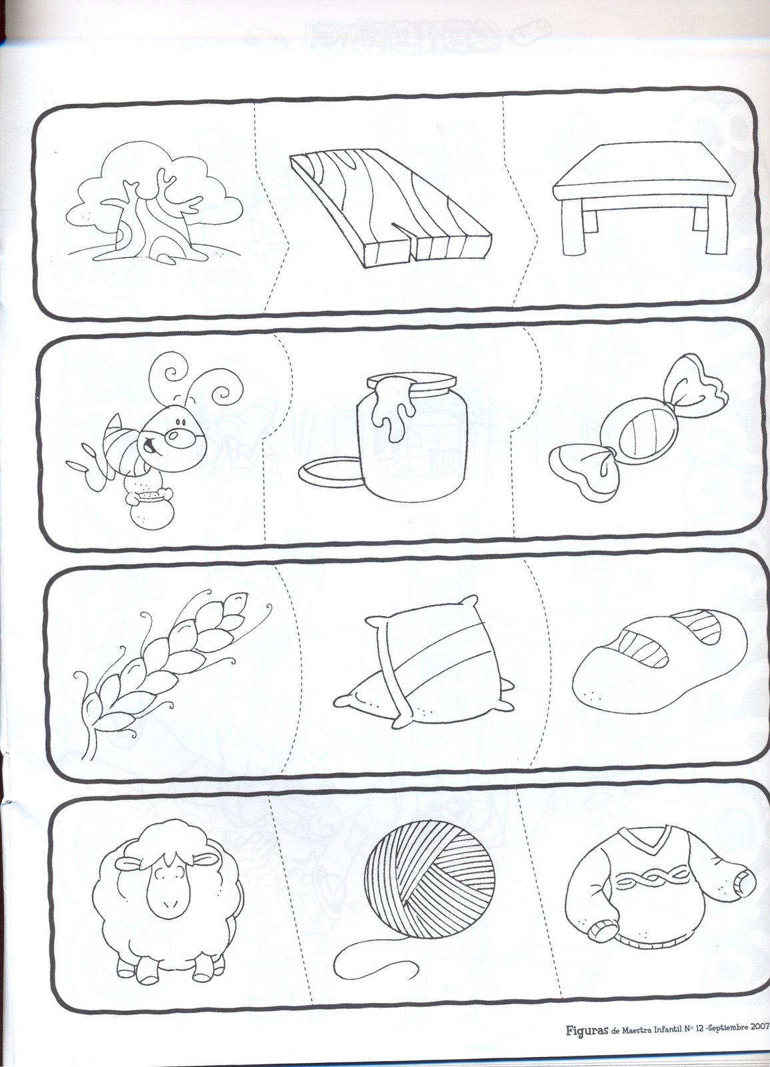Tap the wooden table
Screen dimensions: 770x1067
[x=641, y=199]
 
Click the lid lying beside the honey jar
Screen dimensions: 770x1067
[x=329, y=471]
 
